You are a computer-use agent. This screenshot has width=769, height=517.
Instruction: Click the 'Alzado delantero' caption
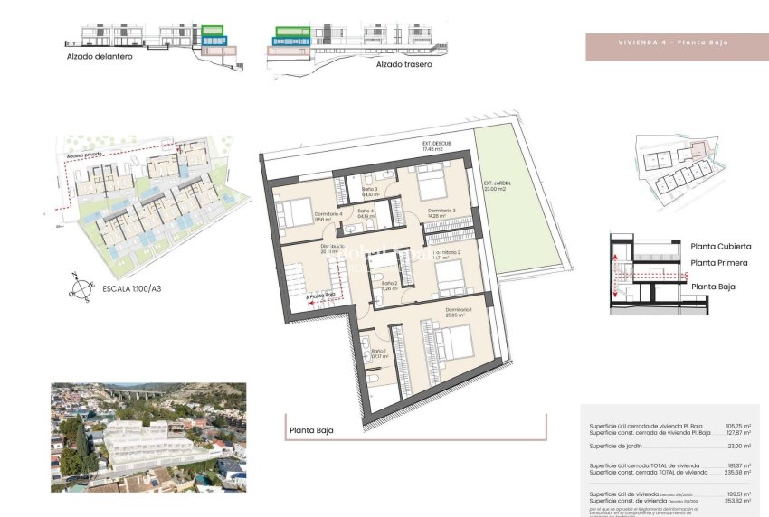point(100,57)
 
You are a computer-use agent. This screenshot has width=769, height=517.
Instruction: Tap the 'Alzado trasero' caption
point(403,64)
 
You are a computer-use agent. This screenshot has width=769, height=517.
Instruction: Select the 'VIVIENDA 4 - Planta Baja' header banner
point(673,42)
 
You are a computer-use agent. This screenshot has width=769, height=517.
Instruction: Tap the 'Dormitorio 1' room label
point(459,312)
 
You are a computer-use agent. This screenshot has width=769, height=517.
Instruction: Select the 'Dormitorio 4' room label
point(328,214)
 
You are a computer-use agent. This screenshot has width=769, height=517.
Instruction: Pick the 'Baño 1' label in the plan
point(378,352)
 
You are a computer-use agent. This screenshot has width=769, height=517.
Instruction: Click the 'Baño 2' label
point(389,286)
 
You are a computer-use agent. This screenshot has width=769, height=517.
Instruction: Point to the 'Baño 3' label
point(370,191)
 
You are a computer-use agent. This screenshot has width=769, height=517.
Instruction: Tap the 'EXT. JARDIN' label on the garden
point(497,183)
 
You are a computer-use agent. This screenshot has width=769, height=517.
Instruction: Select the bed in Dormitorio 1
point(457,343)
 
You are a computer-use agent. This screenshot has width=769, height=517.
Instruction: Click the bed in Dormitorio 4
point(294,213)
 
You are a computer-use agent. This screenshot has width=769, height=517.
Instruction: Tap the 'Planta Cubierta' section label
point(720,246)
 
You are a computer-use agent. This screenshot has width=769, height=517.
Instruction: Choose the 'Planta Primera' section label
point(719,263)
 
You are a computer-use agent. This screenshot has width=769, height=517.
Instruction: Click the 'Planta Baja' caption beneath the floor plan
point(311,430)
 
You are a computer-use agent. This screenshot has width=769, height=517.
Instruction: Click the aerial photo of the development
point(148,437)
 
